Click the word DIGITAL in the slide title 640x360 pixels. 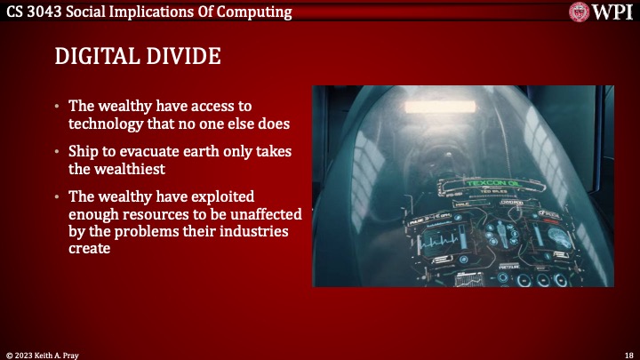coord(93,57)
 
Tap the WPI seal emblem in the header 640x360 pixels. coord(580,12)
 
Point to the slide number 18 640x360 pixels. coord(628,354)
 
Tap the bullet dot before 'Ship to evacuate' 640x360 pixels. coord(58,152)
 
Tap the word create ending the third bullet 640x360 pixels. coord(89,248)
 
